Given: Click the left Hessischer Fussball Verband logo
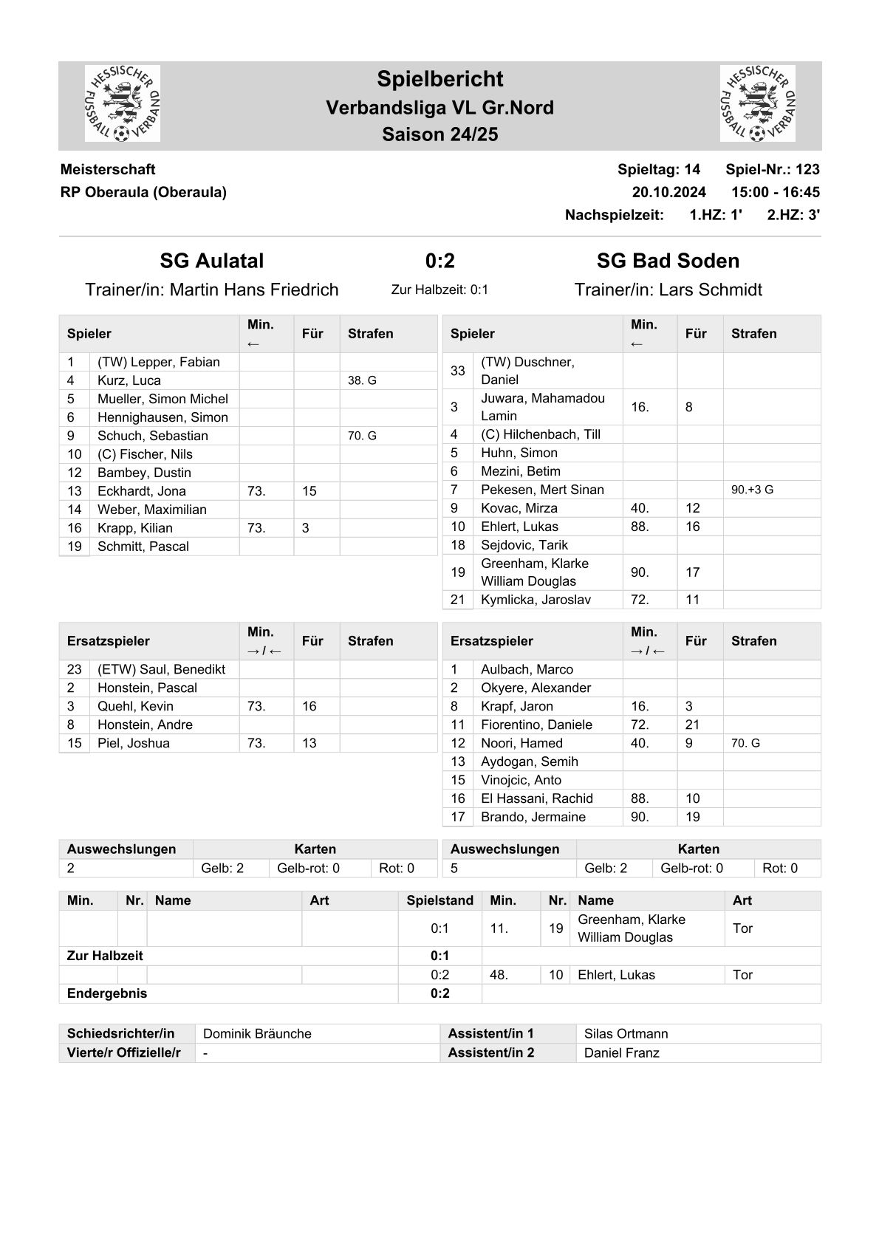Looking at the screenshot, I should point(123,104).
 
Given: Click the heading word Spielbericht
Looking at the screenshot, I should point(439,79).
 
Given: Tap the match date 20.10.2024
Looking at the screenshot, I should point(668,192).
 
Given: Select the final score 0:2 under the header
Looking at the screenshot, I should point(439,261).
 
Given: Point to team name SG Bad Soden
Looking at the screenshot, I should point(668,261).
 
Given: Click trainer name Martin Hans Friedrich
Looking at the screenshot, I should point(254,290).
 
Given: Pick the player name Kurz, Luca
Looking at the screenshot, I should point(129,380).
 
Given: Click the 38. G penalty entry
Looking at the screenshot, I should point(362,380).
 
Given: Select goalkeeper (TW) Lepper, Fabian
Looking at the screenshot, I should point(159,362).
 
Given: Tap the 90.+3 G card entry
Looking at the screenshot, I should point(752,490).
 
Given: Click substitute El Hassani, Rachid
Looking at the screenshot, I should point(537,798).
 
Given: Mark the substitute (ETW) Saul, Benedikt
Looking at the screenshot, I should point(162,669).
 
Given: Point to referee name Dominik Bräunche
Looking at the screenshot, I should point(257,1033).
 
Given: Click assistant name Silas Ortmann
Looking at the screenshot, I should point(626,1033).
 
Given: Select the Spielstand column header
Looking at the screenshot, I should point(439,900).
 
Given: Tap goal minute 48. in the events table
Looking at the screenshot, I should point(499,975).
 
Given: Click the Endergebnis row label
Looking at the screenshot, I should point(107,993).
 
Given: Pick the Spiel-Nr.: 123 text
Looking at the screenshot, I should point(772,169).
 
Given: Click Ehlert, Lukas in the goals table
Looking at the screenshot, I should point(616,975).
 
